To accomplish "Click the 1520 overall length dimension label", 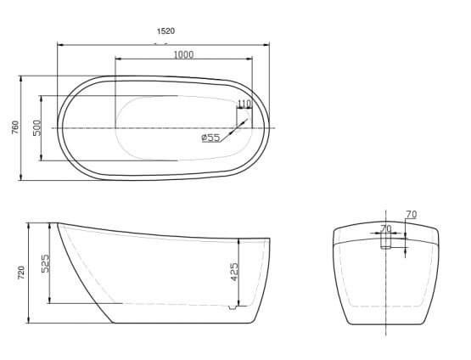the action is tap(165, 31).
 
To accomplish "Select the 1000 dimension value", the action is tap(184, 54).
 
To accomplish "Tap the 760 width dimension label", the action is tap(15, 127).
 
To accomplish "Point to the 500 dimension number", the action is tap(36, 127).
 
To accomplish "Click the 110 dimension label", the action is tap(244, 104).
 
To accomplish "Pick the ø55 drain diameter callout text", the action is tap(210, 138).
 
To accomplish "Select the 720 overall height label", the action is tap(21, 273).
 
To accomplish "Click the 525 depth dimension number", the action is tap(45, 263).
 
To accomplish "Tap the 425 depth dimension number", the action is tap(234, 272).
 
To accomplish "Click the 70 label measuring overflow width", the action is tap(386, 228).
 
